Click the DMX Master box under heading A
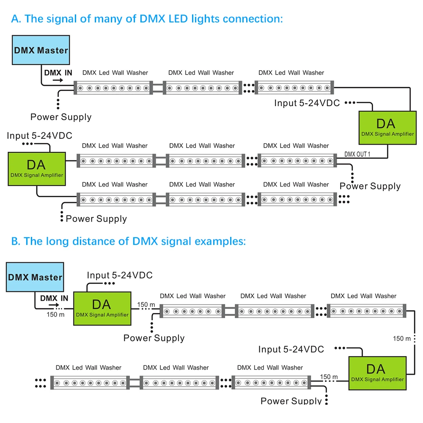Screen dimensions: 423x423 (41, 50)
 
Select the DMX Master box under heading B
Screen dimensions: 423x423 (35, 277)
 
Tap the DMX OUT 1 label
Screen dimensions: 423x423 (357, 154)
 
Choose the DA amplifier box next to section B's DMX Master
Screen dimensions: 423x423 (102, 308)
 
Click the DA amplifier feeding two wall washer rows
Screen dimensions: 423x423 (37, 169)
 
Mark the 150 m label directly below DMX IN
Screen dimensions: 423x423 (55, 314)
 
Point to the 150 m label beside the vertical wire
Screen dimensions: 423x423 (401, 338)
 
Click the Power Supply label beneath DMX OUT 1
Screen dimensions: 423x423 (370, 186)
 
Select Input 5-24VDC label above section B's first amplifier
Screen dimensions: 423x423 (120, 275)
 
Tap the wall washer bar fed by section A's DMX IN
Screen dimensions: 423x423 (113, 88)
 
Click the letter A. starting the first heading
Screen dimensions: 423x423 (16, 19)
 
